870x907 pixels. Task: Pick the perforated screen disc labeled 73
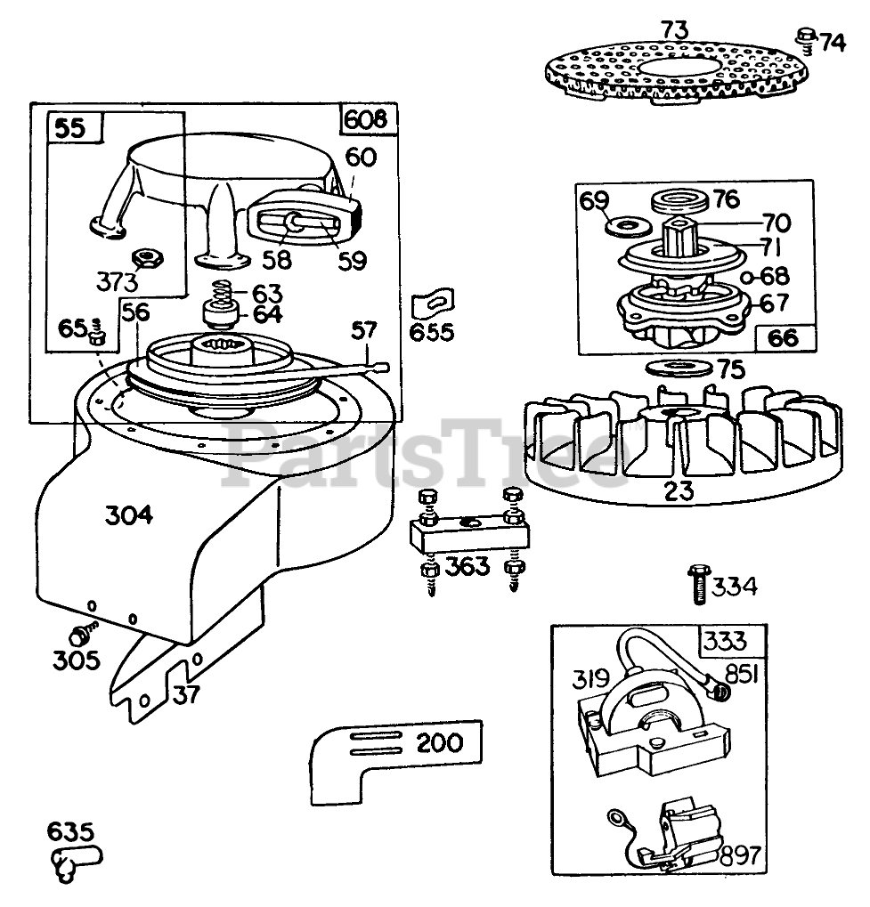679,69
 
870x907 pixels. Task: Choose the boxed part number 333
722,641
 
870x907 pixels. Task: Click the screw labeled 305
82,636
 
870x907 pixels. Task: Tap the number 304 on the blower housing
129,515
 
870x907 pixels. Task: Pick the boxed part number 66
782,338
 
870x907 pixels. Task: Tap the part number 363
468,565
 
